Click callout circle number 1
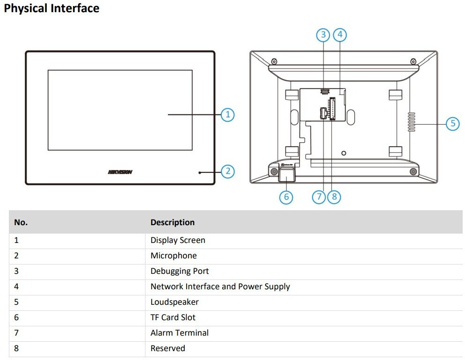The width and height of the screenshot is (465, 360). click(x=228, y=115)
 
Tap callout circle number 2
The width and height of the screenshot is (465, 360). click(x=228, y=171)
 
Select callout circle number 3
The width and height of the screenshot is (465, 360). click(x=323, y=35)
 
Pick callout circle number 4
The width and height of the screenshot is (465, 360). click(x=340, y=35)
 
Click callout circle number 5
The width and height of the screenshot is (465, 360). click(x=453, y=123)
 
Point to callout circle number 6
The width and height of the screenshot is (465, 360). click(x=286, y=197)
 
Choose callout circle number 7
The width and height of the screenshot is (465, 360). click(x=319, y=197)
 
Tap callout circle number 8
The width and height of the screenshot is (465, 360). click(x=334, y=197)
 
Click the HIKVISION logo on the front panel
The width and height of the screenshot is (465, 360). click(x=120, y=172)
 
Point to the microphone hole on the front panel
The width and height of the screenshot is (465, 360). click(x=200, y=172)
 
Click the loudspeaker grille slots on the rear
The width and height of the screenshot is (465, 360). click(x=412, y=122)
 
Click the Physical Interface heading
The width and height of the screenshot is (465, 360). click(x=51, y=8)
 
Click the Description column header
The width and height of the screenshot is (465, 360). click(x=173, y=222)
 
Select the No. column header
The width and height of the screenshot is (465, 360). click(x=21, y=222)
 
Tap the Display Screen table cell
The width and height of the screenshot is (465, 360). click(x=178, y=240)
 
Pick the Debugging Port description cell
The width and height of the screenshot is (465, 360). click(x=180, y=271)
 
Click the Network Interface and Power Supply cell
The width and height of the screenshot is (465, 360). click(x=220, y=287)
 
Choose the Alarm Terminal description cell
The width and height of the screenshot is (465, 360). click(x=180, y=333)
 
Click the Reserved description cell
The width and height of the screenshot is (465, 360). click(x=168, y=348)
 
